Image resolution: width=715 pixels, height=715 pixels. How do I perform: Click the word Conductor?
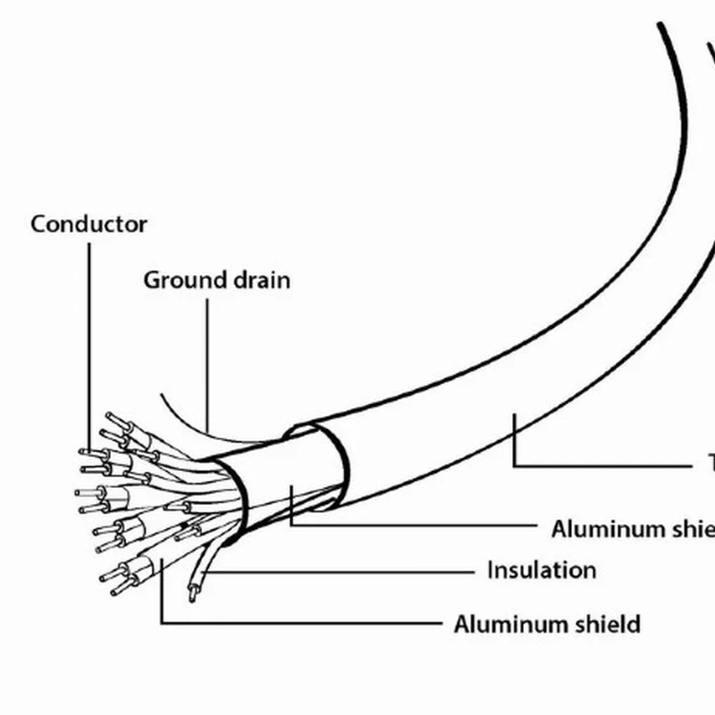point(88,223)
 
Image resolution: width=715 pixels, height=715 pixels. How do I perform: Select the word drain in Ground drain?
point(260,280)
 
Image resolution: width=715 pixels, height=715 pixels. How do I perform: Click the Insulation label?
point(541,569)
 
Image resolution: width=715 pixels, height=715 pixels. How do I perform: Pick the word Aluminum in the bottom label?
point(509,623)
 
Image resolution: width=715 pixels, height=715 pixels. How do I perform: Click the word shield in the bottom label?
point(606,623)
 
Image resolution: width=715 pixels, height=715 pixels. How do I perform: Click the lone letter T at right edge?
point(711,463)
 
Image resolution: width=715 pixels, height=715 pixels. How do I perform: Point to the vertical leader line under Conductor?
point(89,340)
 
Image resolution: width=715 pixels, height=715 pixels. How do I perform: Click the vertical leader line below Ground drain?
point(207,357)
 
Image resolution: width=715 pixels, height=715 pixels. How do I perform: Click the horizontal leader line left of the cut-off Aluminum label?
point(411,525)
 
